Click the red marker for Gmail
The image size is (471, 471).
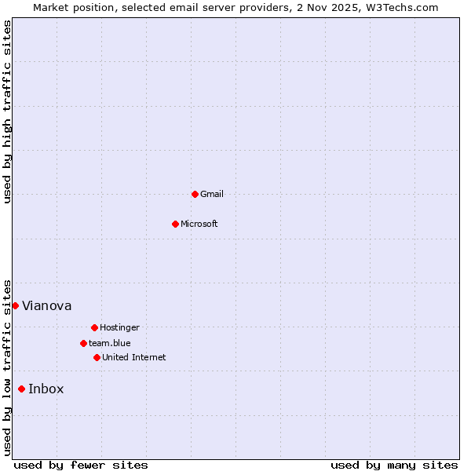click(195, 194)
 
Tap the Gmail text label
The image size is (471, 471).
click(212, 194)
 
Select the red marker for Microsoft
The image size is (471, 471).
click(175, 224)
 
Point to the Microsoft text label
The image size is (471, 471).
click(199, 224)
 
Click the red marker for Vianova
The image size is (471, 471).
click(15, 305)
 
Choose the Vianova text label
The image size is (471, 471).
click(46, 305)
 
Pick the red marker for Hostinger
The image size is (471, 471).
click(94, 327)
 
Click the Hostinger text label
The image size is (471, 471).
click(119, 327)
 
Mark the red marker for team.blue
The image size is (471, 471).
click(83, 343)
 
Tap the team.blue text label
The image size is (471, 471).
click(109, 343)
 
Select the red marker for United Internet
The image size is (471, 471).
click(97, 357)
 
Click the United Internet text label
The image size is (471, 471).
click(133, 357)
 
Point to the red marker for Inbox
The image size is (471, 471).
click(21, 389)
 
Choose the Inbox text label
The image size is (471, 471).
click(46, 389)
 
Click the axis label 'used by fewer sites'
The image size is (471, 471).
click(81, 465)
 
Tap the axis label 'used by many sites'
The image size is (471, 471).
click(394, 465)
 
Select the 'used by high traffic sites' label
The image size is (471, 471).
click(8, 111)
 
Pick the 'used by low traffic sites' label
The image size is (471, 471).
click(8, 367)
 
